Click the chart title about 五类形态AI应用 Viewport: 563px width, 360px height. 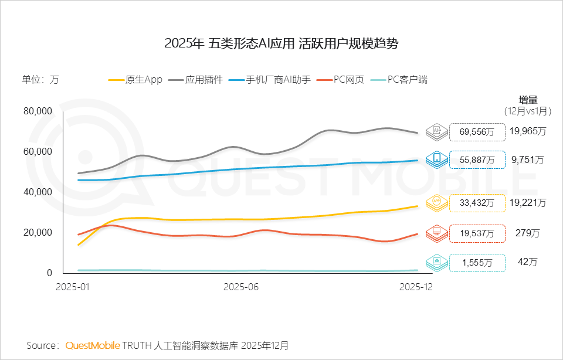pyautogui.click(x=281, y=44)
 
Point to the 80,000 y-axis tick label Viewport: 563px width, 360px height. pyautogui.click(x=38, y=111)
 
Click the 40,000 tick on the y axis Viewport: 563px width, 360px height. pyautogui.click(x=38, y=192)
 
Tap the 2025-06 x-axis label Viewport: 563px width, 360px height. pyautogui.click(x=241, y=287)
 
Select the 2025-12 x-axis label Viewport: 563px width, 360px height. pyautogui.click(x=416, y=287)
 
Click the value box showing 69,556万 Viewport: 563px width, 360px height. pyautogui.click(x=477, y=132)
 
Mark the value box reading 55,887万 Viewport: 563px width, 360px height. pyautogui.click(x=477, y=159)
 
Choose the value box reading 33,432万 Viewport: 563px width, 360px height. pyautogui.click(x=477, y=203)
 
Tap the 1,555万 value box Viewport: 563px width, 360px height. pyautogui.click(x=477, y=263)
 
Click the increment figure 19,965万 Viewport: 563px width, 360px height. pyautogui.click(x=527, y=131)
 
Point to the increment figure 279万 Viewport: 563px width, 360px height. pyautogui.click(x=527, y=233)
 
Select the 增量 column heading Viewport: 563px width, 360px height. pyautogui.click(x=528, y=99)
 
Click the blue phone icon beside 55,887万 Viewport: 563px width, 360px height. pyautogui.click(x=437, y=159)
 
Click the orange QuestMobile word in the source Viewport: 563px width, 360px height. pyautogui.click(x=93, y=345)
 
